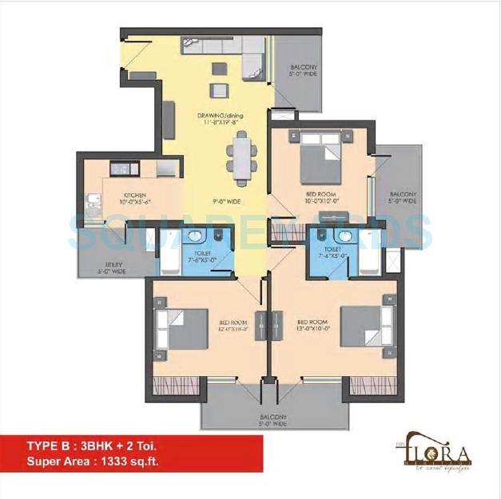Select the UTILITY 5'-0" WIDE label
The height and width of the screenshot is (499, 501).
[x=109, y=269]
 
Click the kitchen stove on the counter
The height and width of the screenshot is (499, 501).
[x=121, y=168]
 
